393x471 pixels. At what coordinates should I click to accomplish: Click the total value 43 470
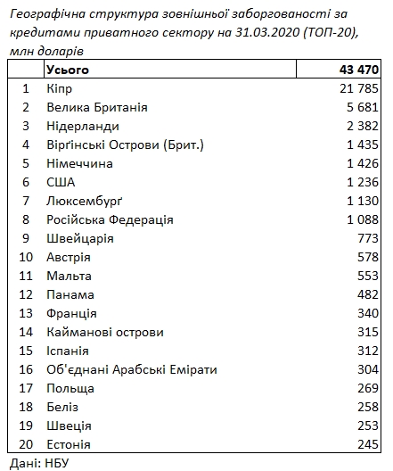(x=356, y=69)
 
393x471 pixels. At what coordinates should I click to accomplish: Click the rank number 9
(x=26, y=239)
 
